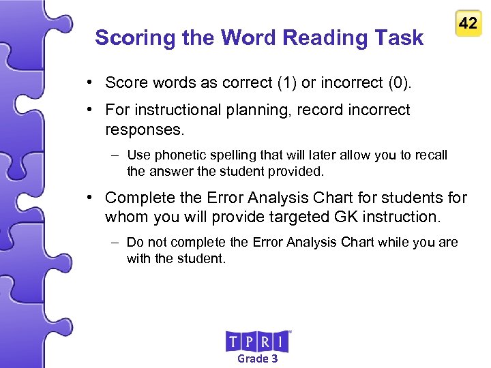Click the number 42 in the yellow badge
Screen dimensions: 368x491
(468, 23)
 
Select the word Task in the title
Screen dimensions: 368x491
(402, 38)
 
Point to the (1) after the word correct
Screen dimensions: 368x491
(286, 83)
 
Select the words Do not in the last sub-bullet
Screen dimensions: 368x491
(147, 243)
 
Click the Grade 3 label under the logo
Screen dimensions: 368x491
(257, 358)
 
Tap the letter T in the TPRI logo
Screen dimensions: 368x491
(233, 341)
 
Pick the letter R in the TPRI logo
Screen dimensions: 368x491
(267, 341)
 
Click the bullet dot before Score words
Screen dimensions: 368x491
(90, 83)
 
